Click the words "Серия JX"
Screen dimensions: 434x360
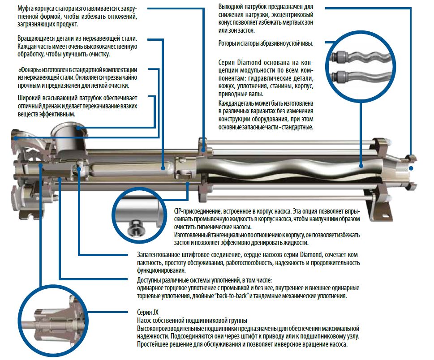148,313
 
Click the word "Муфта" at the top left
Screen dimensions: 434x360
25,9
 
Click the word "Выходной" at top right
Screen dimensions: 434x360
230,7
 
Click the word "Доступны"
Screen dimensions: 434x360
149,280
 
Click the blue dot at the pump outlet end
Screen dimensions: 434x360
411,168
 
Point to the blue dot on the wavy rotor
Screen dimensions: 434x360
361,166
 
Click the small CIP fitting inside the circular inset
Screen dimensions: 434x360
136,227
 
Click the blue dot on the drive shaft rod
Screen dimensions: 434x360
163,167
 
